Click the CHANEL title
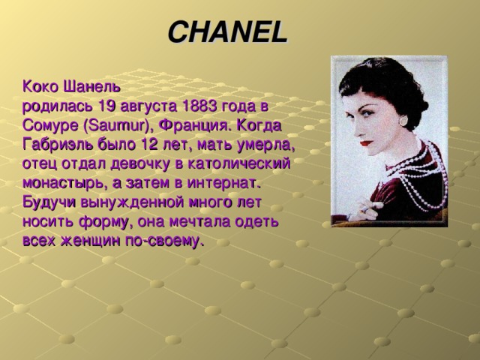coord(228,32)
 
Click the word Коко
coord(40,87)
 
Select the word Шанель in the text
coord(91,87)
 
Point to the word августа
coord(148,107)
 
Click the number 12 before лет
coord(150,145)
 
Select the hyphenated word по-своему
coord(164,241)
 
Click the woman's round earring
coord(403,120)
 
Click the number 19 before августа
coord(106,106)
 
